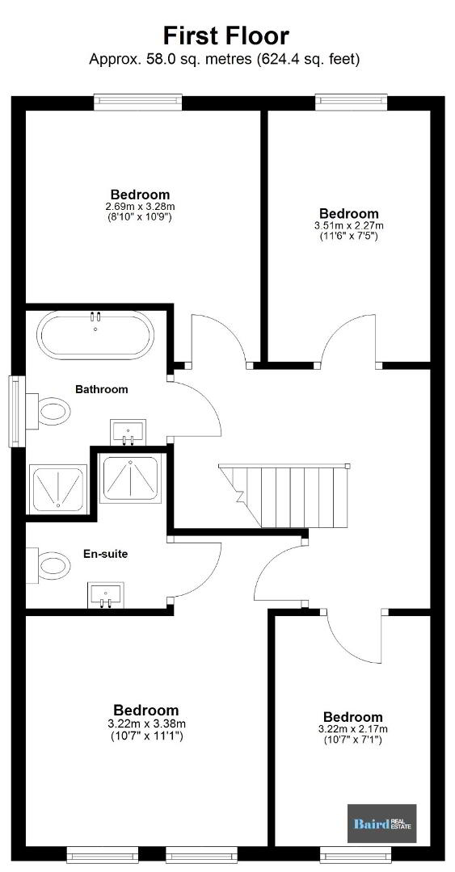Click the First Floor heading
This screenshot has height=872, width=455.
pos(225,36)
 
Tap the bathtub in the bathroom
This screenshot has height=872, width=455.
pos(95,335)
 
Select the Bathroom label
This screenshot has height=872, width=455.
pos(101,389)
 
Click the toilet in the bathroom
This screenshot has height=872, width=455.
pos(48,411)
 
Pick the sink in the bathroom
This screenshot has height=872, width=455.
pos(128,432)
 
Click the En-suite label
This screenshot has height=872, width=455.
pos(105,554)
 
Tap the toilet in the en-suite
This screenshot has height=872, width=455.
pos(48,565)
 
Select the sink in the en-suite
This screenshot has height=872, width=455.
pos(105,595)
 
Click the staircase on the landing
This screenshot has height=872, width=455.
pos(284,496)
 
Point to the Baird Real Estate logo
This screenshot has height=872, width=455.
pos(382,823)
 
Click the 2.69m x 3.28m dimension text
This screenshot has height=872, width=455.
pos(140,207)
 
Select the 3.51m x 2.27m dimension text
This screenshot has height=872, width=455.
pos(348,225)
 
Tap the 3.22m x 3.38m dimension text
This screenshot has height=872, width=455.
pos(146,724)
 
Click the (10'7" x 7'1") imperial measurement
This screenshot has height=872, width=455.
pos(352,740)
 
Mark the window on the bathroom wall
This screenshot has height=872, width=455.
pos(17,412)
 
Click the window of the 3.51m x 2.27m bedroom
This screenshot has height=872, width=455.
pos(350,101)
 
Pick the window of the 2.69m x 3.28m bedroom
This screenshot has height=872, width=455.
pos(138,101)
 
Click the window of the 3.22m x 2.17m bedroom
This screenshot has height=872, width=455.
pos(356,854)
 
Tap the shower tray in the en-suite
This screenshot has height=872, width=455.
pos(131,479)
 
